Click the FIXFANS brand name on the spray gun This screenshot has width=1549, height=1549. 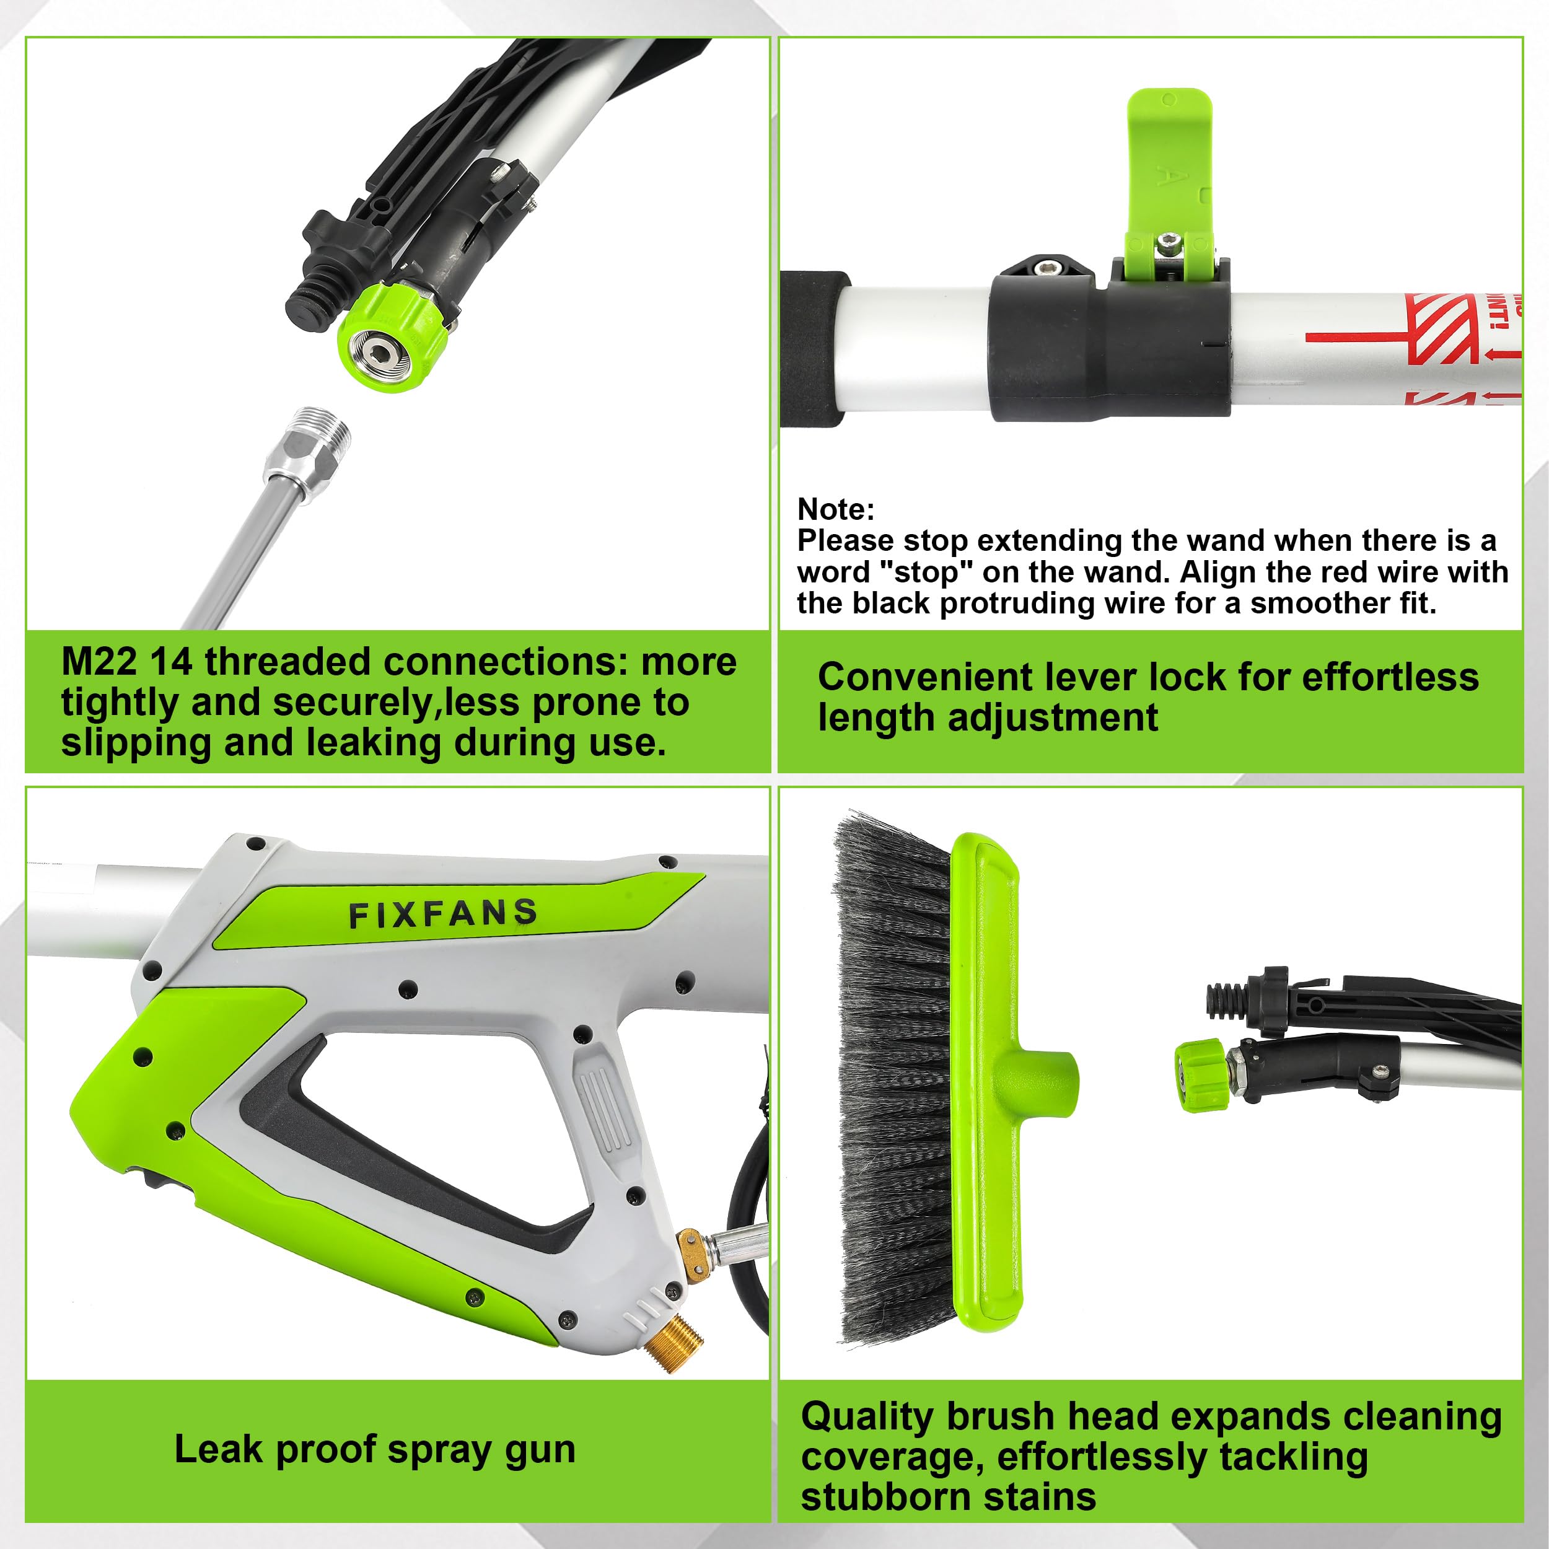pos(442,914)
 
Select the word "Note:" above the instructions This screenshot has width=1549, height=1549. pos(835,509)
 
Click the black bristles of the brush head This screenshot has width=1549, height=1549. pos(894,1074)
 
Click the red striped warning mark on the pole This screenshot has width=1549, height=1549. pos(1443,329)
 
